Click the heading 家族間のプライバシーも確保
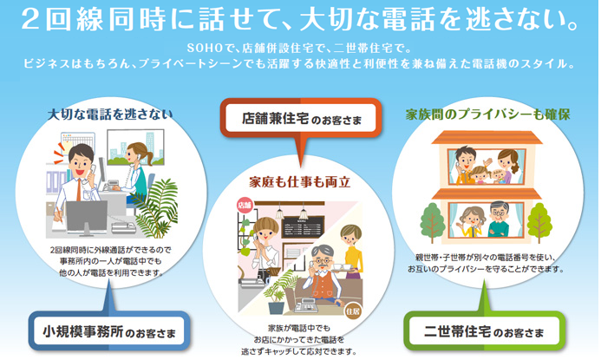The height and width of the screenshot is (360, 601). click(487, 114)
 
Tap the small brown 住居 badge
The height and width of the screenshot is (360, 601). click(352, 309)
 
